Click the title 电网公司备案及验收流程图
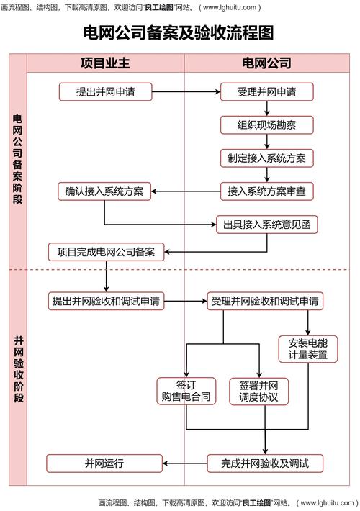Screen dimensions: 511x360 point(179,33)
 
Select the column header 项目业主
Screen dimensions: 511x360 point(106,63)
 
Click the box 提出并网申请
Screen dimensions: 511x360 point(106,92)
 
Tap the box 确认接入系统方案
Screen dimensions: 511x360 point(104,191)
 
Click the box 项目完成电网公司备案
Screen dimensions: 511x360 point(106,252)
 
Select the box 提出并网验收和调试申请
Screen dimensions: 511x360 point(106,300)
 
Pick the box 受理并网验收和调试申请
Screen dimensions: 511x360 point(266,300)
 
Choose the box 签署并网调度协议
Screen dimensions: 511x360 point(259,391)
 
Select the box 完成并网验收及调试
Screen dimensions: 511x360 point(266,463)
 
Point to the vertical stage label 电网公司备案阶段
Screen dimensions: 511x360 point(18,158)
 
